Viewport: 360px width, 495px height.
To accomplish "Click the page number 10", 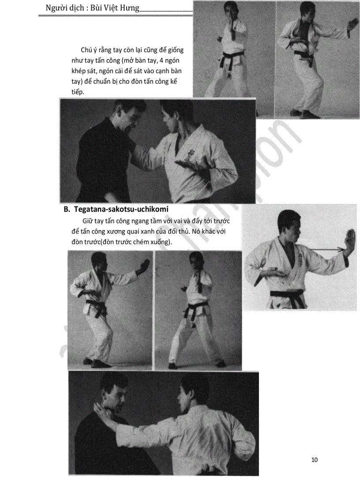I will point(315,460).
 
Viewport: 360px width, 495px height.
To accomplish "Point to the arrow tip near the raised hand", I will point(343,250).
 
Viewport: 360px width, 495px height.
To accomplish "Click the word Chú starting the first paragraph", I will point(86,50).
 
